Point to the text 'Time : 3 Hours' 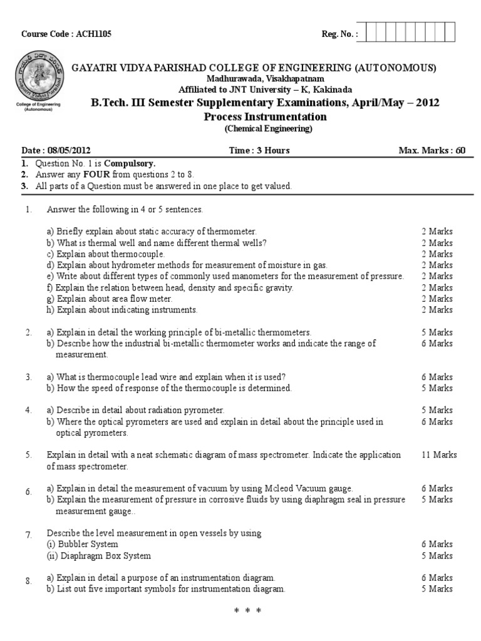point(259,150)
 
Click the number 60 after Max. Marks point(460,150)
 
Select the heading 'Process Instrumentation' point(266,116)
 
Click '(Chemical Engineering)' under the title point(266,129)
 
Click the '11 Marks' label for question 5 point(440,454)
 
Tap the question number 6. point(28,492)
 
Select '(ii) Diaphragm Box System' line point(99,555)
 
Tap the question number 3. point(28,377)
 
